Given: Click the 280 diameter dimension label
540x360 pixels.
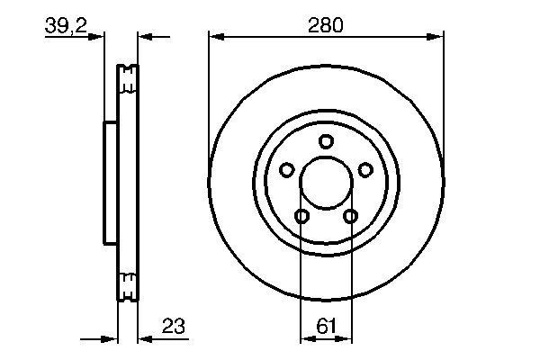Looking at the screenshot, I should (x=326, y=25).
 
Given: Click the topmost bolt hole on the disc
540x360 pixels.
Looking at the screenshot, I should (x=326, y=140).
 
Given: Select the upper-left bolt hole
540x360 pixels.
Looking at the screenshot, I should (x=287, y=169).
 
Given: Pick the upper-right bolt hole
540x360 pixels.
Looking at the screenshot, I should (x=364, y=169).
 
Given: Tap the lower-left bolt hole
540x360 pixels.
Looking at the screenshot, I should (x=301, y=215).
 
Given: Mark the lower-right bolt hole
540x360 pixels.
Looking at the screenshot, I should (x=350, y=215).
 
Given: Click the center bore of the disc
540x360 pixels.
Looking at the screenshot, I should (x=326, y=183).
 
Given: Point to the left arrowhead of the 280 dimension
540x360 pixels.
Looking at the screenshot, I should (x=214, y=37).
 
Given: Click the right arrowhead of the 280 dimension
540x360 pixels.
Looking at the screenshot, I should (x=437, y=37).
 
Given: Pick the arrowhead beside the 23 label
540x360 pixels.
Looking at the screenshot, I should (x=144, y=339).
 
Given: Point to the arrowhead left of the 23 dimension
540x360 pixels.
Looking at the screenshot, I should (x=112, y=339).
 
